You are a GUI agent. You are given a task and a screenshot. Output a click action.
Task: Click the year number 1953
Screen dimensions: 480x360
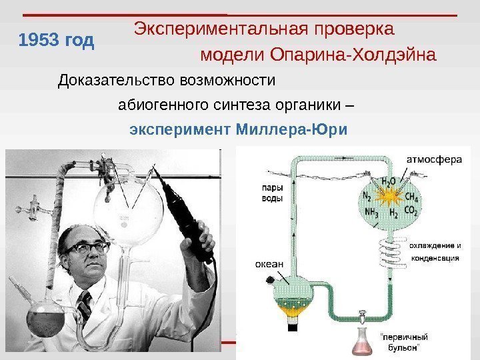point(39,42)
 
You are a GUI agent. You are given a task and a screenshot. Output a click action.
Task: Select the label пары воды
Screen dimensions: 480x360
point(271,193)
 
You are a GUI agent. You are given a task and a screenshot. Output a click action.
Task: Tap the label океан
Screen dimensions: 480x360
point(269,264)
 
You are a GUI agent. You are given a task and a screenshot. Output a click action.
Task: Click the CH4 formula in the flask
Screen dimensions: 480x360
point(411,197)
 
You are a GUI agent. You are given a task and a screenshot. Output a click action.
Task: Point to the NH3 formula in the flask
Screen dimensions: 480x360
point(372,213)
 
